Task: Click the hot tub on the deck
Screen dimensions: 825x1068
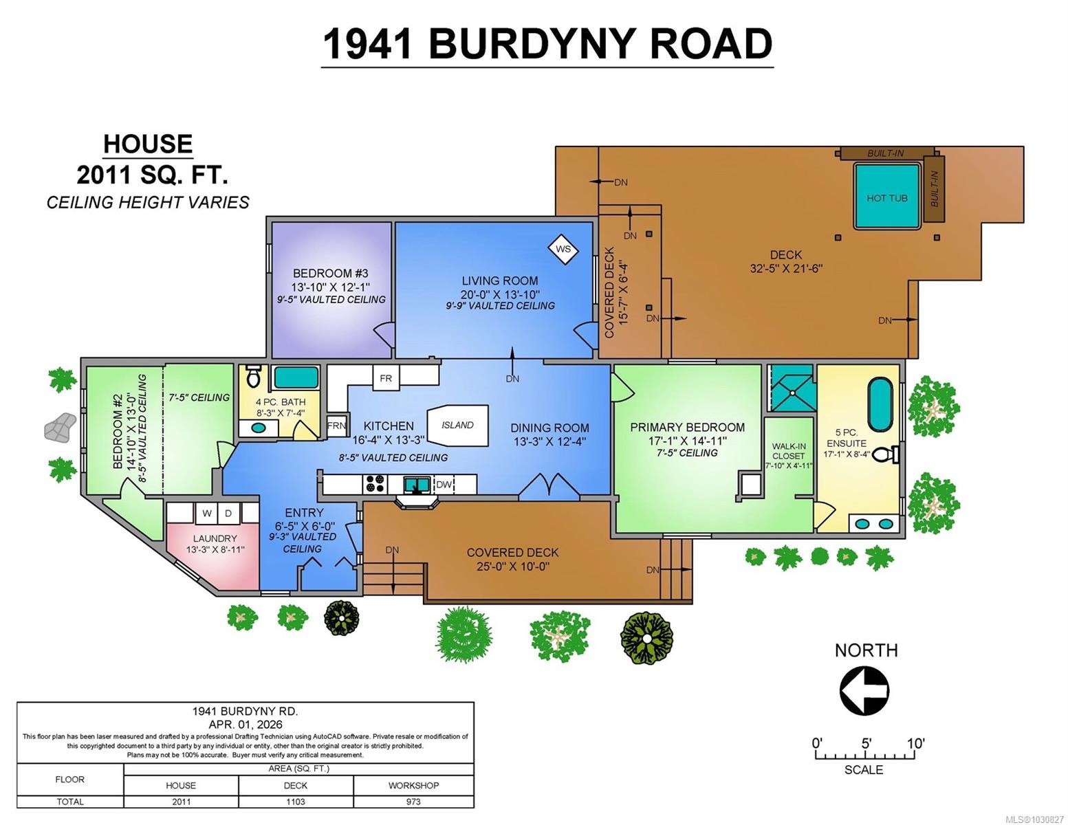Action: pyautogui.click(x=886, y=197)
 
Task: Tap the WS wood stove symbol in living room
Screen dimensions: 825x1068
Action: pyautogui.click(x=563, y=249)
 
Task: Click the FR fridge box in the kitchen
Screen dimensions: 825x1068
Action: pyautogui.click(x=386, y=378)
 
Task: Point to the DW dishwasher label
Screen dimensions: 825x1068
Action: pyautogui.click(x=444, y=485)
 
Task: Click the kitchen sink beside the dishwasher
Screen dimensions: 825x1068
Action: pyautogui.click(x=417, y=485)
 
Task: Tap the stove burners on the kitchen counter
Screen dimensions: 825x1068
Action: pyautogui.click(x=375, y=484)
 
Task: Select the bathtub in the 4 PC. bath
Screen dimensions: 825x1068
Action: pyautogui.click(x=296, y=377)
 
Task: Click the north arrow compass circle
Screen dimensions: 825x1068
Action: pyautogui.click(x=864, y=690)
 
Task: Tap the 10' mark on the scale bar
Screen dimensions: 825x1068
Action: pyautogui.click(x=915, y=744)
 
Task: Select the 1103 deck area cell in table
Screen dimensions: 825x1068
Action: pyautogui.click(x=296, y=802)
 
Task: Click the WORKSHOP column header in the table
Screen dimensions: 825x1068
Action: pyautogui.click(x=413, y=785)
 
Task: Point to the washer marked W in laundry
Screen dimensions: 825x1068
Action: pyautogui.click(x=206, y=514)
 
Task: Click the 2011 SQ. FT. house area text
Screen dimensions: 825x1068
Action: pyautogui.click(x=152, y=175)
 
